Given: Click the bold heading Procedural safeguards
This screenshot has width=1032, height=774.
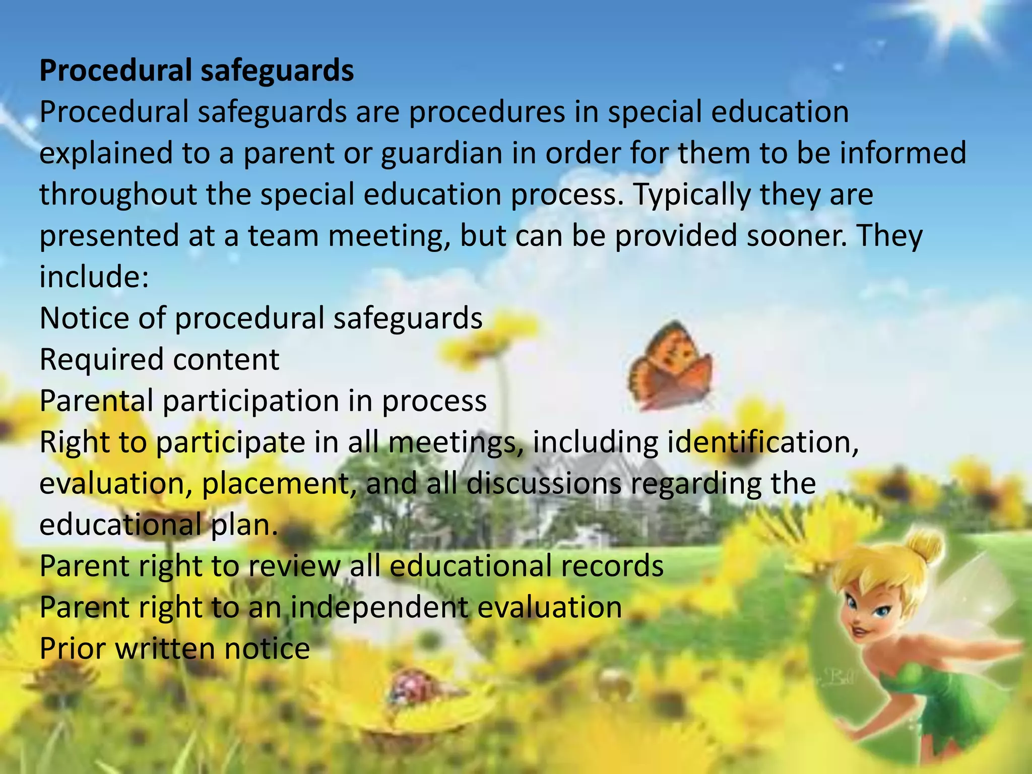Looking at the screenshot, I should (197, 71).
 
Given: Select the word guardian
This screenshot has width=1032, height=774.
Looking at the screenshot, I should (441, 154).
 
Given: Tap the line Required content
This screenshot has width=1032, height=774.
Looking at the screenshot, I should (159, 360).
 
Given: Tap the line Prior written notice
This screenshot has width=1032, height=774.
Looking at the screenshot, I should (174, 649).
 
